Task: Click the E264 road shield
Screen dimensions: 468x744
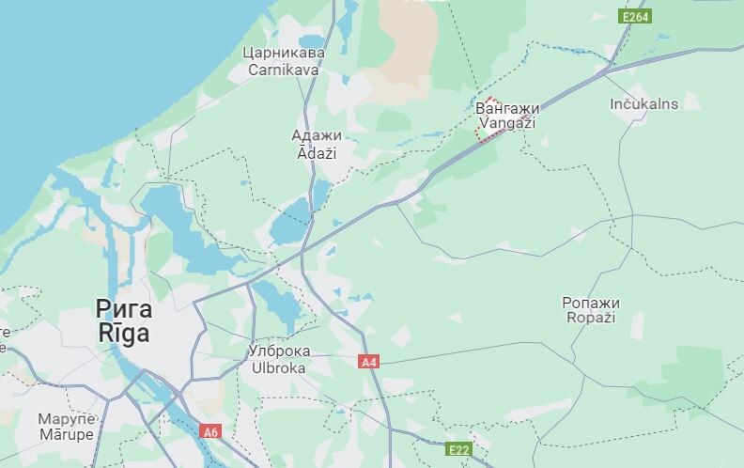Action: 636,17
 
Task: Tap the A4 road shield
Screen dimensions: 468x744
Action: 369,361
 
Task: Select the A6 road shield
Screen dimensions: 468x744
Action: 210,431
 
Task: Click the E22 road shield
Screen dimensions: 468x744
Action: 457,450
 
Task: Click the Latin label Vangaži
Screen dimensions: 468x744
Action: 507,123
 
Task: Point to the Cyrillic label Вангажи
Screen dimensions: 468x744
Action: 507,108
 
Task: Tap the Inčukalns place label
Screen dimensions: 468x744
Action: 643,104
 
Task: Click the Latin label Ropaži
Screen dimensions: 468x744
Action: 591,318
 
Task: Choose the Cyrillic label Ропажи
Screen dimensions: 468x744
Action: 591,302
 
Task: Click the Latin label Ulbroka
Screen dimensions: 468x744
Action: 278,367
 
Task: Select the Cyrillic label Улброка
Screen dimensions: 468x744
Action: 278,351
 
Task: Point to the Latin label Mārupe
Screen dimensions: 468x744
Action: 66,434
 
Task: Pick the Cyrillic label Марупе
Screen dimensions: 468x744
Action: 66,419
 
